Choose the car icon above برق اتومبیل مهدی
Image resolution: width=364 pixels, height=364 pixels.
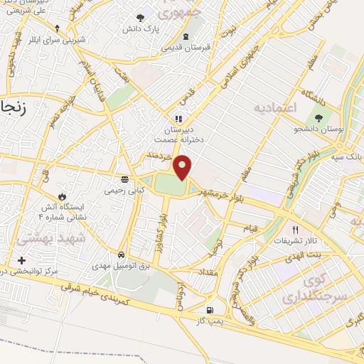coord(122,254)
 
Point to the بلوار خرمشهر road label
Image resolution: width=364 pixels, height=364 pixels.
coord(226,191)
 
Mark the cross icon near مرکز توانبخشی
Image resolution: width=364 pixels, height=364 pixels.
coord(22,261)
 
